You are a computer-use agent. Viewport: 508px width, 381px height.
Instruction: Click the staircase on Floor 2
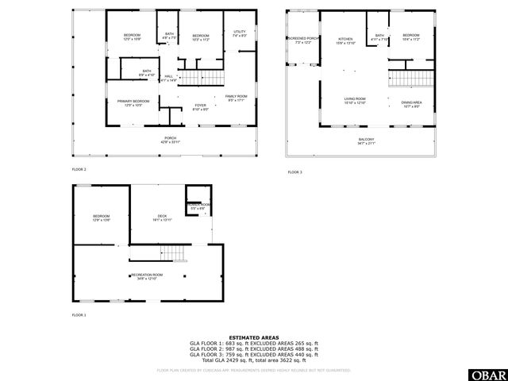pos(190,78)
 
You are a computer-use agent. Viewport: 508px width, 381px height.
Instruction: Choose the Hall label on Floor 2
pos(168,78)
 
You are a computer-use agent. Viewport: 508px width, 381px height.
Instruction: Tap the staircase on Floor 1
pos(176,253)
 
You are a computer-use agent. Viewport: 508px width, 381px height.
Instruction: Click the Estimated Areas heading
pos(253,337)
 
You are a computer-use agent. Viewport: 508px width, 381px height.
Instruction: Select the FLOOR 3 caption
pos(294,172)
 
